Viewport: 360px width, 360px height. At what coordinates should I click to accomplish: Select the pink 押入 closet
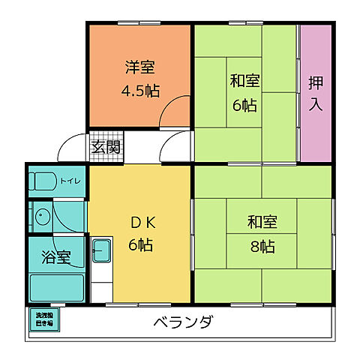(314, 93)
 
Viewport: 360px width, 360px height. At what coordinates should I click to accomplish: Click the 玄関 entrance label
(106, 146)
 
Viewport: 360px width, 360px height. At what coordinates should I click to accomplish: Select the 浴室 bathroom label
(56, 256)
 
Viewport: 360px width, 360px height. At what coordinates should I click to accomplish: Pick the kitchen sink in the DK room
(102, 250)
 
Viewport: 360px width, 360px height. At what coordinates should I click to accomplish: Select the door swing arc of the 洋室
(178, 112)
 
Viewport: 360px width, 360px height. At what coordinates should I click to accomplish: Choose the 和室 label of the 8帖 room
(262, 222)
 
